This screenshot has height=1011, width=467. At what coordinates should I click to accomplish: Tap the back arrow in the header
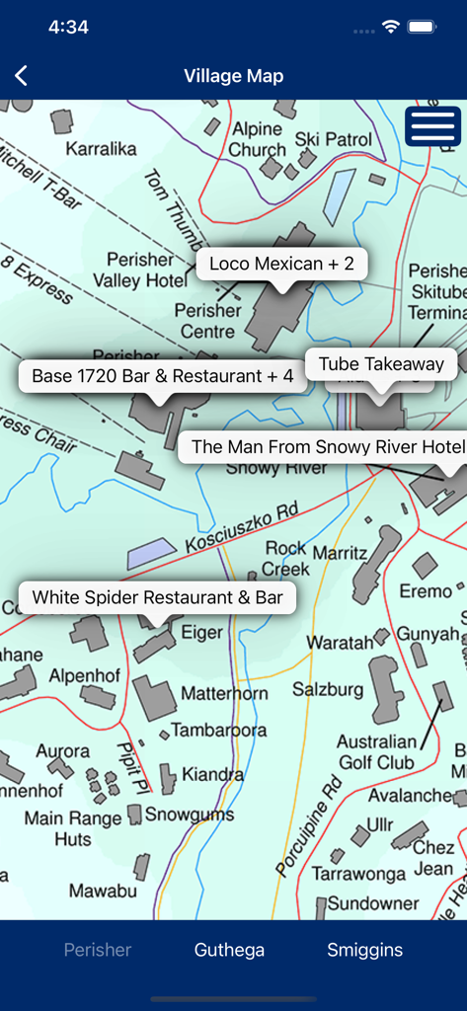pyautogui.click(x=22, y=76)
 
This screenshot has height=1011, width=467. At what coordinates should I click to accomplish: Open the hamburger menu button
pyautogui.click(x=432, y=126)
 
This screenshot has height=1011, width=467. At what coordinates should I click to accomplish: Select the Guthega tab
pyautogui.click(x=229, y=950)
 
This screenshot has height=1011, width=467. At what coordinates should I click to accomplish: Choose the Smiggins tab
pyautogui.click(x=365, y=950)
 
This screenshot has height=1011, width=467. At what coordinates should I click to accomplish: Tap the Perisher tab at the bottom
pyautogui.click(x=98, y=950)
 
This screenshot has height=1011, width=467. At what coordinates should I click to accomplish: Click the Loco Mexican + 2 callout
pyautogui.click(x=281, y=264)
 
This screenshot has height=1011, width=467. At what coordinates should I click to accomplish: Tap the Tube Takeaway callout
pyautogui.click(x=381, y=364)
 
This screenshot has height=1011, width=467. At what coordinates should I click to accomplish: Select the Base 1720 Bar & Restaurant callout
pyautogui.click(x=163, y=376)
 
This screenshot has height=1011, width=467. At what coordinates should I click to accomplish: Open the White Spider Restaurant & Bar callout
pyautogui.click(x=157, y=597)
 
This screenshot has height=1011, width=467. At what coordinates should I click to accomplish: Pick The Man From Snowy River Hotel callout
pyautogui.click(x=327, y=446)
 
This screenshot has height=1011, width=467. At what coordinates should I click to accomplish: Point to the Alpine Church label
pyautogui.click(x=258, y=139)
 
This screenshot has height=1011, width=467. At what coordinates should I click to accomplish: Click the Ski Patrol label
pyautogui.click(x=334, y=139)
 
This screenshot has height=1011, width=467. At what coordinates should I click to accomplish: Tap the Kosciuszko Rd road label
pyautogui.click(x=241, y=527)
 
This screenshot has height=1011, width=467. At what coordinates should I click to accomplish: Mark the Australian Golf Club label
pyautogui.click(x=376, y=751)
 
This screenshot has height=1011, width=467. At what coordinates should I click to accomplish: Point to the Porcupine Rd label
pyautogui.click(x=309, y=825)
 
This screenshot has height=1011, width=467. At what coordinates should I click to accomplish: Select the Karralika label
pyautogui.click(x=101, y=149)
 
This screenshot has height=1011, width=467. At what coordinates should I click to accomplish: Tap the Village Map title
pyautogui.click(x=234, y=76)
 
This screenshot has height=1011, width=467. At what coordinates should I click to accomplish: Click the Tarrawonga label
pyautogui.click(x=358, y=874)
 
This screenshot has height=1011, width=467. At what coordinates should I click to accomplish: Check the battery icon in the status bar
pyautogui.click(x=423, y=28)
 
